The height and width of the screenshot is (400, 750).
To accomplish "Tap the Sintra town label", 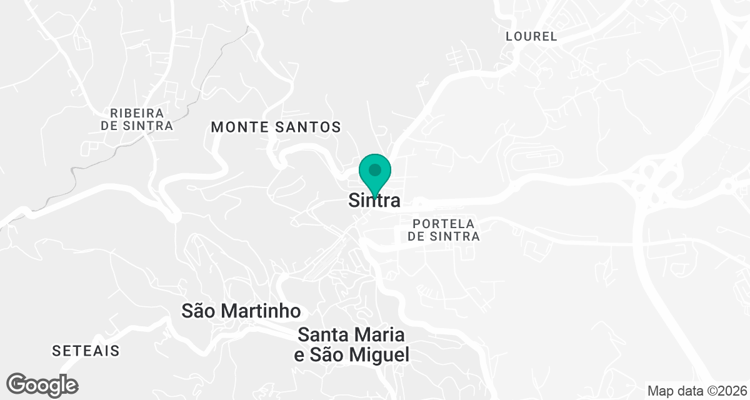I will (374, 201).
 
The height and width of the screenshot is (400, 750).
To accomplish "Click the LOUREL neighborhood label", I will (531, 36).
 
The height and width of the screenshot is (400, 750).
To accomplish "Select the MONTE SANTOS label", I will (276, 127).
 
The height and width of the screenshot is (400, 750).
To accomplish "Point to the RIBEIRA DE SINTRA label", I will (137, 119).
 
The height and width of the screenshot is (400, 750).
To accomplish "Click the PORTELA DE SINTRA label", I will (444, 230).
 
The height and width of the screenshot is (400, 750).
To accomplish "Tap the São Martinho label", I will (241, 311).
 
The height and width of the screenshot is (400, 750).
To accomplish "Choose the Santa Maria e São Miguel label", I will (352, 344).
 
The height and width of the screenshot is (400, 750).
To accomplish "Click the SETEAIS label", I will (86, 351).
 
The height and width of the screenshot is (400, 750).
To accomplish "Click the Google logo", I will (42, 384).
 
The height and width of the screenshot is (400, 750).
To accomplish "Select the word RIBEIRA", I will (137, 113).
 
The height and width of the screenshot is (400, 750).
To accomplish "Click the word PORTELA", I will (444, 224).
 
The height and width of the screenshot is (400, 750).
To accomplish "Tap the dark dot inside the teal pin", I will (374, 169).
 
